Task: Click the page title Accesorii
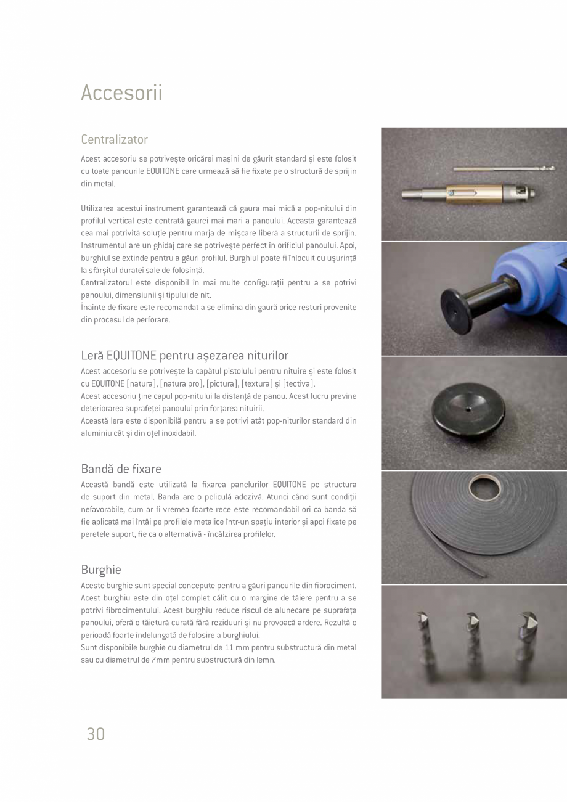tap(121, 92)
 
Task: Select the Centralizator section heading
tap(114, 139)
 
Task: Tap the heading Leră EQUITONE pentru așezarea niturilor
tap(184, 355)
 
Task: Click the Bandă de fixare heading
tap(121, 469)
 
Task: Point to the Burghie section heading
tap(100, 569)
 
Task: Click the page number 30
tap(96, 734)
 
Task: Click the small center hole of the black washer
tap(468, 408)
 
